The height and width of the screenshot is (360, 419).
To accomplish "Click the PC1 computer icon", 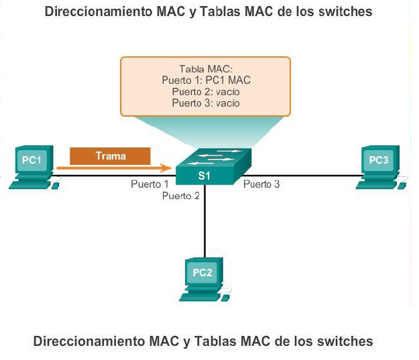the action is (x=34, y=167).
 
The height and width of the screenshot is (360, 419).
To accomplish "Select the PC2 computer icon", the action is (x=204, y=280).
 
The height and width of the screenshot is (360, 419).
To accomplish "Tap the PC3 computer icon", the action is (x=381, y=167).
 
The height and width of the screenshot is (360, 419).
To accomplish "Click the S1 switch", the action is (x=213, y=166).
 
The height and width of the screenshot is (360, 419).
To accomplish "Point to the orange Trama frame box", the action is (x=110, y=156).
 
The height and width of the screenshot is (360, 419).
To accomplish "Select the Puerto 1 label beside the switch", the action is (x=149, y=184).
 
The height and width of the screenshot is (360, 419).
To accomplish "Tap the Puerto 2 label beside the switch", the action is (x=181, y=196).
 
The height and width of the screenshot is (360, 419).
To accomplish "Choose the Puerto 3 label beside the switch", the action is (x=261, y=184).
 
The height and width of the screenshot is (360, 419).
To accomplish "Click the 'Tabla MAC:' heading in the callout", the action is (x=206, y=69).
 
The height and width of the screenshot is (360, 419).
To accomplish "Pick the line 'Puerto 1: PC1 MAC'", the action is (x=206, y=80).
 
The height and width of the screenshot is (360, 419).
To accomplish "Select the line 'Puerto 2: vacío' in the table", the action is (x=206, y=92).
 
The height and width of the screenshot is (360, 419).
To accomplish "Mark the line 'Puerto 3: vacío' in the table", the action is (x=206, y=103).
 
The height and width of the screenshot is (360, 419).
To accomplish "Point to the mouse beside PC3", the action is (x=402, y=185).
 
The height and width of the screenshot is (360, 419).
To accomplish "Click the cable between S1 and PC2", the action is (x=204, y=221).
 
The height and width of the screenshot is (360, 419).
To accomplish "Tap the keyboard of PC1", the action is (x=30, y=185).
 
